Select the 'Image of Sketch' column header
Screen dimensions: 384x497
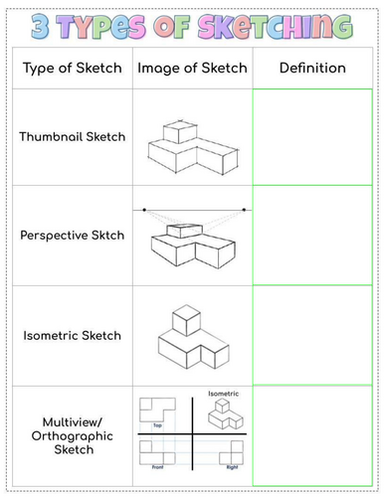coord(189,68)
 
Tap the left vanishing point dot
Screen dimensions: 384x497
coord(144,210)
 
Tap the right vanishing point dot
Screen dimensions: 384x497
coord(245,210)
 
